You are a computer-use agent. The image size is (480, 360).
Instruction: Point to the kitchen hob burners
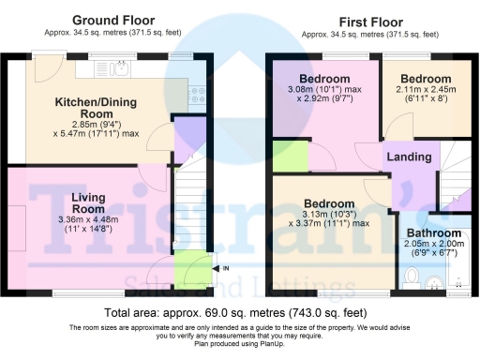click(x=198, y=92)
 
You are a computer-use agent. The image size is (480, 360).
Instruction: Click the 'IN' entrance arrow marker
click(x=224, y=269)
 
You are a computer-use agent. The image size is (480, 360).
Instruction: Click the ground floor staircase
click(x=190, y=202)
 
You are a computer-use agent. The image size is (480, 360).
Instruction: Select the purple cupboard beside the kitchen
click(x=189, y=131)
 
